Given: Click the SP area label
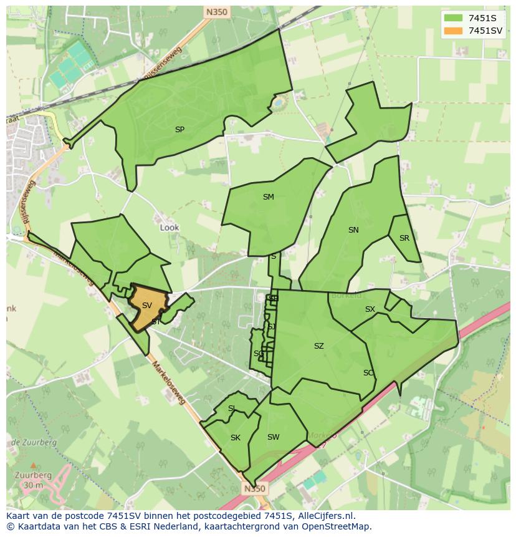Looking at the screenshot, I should [179, 130].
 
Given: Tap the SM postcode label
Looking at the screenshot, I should [268, 197].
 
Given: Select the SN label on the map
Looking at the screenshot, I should [353, 230].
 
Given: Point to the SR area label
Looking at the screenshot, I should [404, 238].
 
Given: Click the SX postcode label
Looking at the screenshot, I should [370, 309].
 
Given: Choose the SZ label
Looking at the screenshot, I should [319, 346].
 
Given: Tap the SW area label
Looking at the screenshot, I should [273, 437].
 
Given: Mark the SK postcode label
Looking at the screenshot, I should [235, 438].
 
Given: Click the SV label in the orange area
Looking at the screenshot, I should [147, 306].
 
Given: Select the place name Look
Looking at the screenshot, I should [170, 228].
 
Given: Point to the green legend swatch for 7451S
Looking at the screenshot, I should [453, 17].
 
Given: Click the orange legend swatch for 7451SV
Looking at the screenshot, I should [453, 30].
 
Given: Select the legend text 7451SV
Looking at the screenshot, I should [485, 30].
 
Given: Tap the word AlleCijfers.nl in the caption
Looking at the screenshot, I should [322, 516].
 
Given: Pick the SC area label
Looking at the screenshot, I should [368, 373].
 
